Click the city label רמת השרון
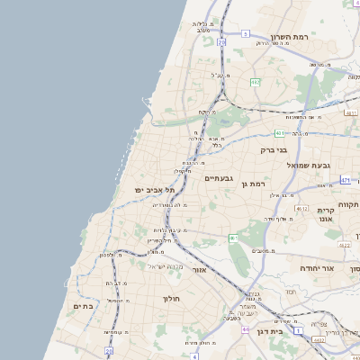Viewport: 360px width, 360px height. pos(289,39)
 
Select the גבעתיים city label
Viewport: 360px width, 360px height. pos(219,178)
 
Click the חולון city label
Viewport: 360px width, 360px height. pos(172,298)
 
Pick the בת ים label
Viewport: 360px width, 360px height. pos(83,306)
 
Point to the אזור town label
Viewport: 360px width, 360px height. pos(200,269)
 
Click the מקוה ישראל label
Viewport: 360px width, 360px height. pos(166,266)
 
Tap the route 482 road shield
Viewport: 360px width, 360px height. pos(256,82)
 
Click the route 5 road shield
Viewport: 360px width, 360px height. pos(246,34)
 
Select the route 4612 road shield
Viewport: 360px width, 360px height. pos(301,209)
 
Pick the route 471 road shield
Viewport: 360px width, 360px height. pos(346,181)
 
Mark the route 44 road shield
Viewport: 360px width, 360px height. pos(246,330)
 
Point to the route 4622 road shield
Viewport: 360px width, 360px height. pos(344,243)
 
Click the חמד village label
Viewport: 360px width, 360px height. pos(290,292)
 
